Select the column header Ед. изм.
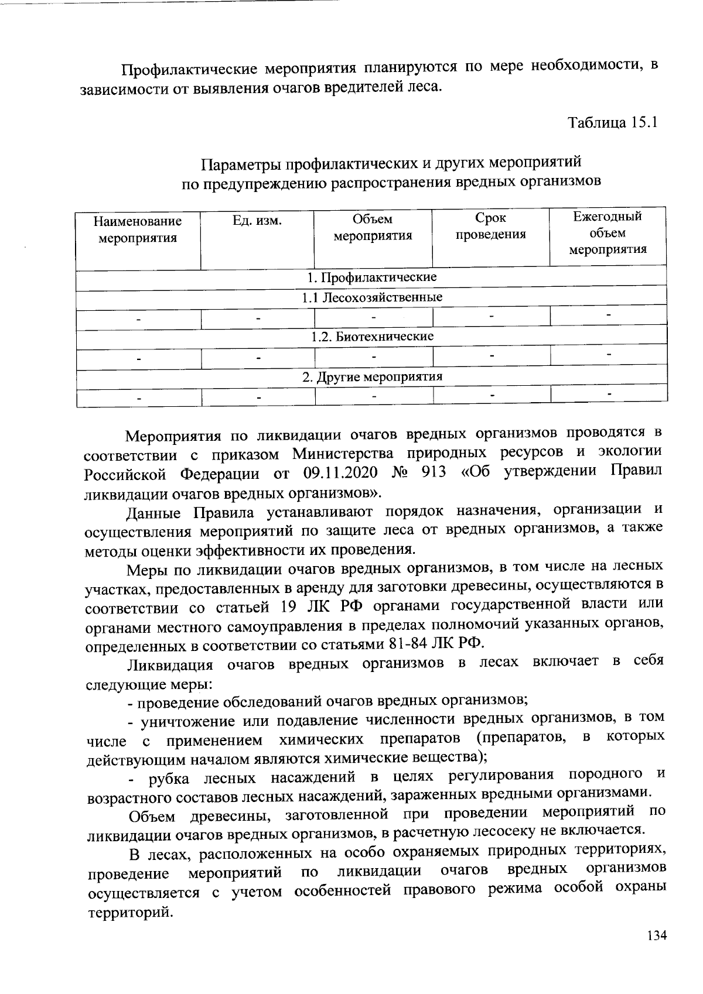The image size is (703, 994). pyautogui.click(x=257, y=221)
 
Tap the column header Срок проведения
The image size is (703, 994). pyautogui.click(x=490, y=227)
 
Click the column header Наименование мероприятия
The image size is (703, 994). pyautogui.click(x=138, y=229)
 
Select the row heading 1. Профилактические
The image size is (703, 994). pyautogui.click(x=372, y=277)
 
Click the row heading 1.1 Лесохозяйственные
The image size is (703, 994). pyautogui.click(x=372, y=297)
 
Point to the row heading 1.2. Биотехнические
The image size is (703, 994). pyautogui.click(x=372, y=337)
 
